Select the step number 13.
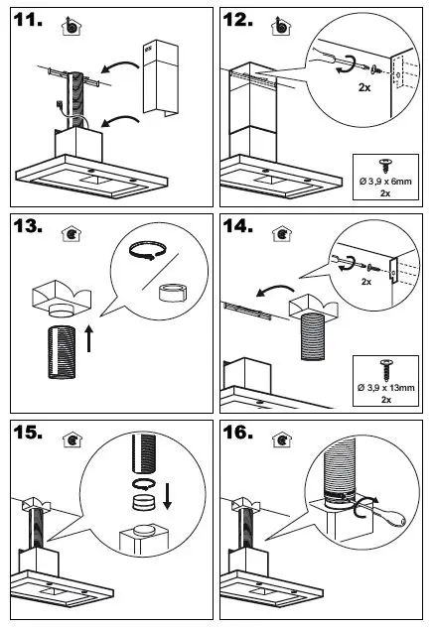coord(33,228)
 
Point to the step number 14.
coord(240,228)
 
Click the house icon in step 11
coord(71,28)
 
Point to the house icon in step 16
coord(283,439)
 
